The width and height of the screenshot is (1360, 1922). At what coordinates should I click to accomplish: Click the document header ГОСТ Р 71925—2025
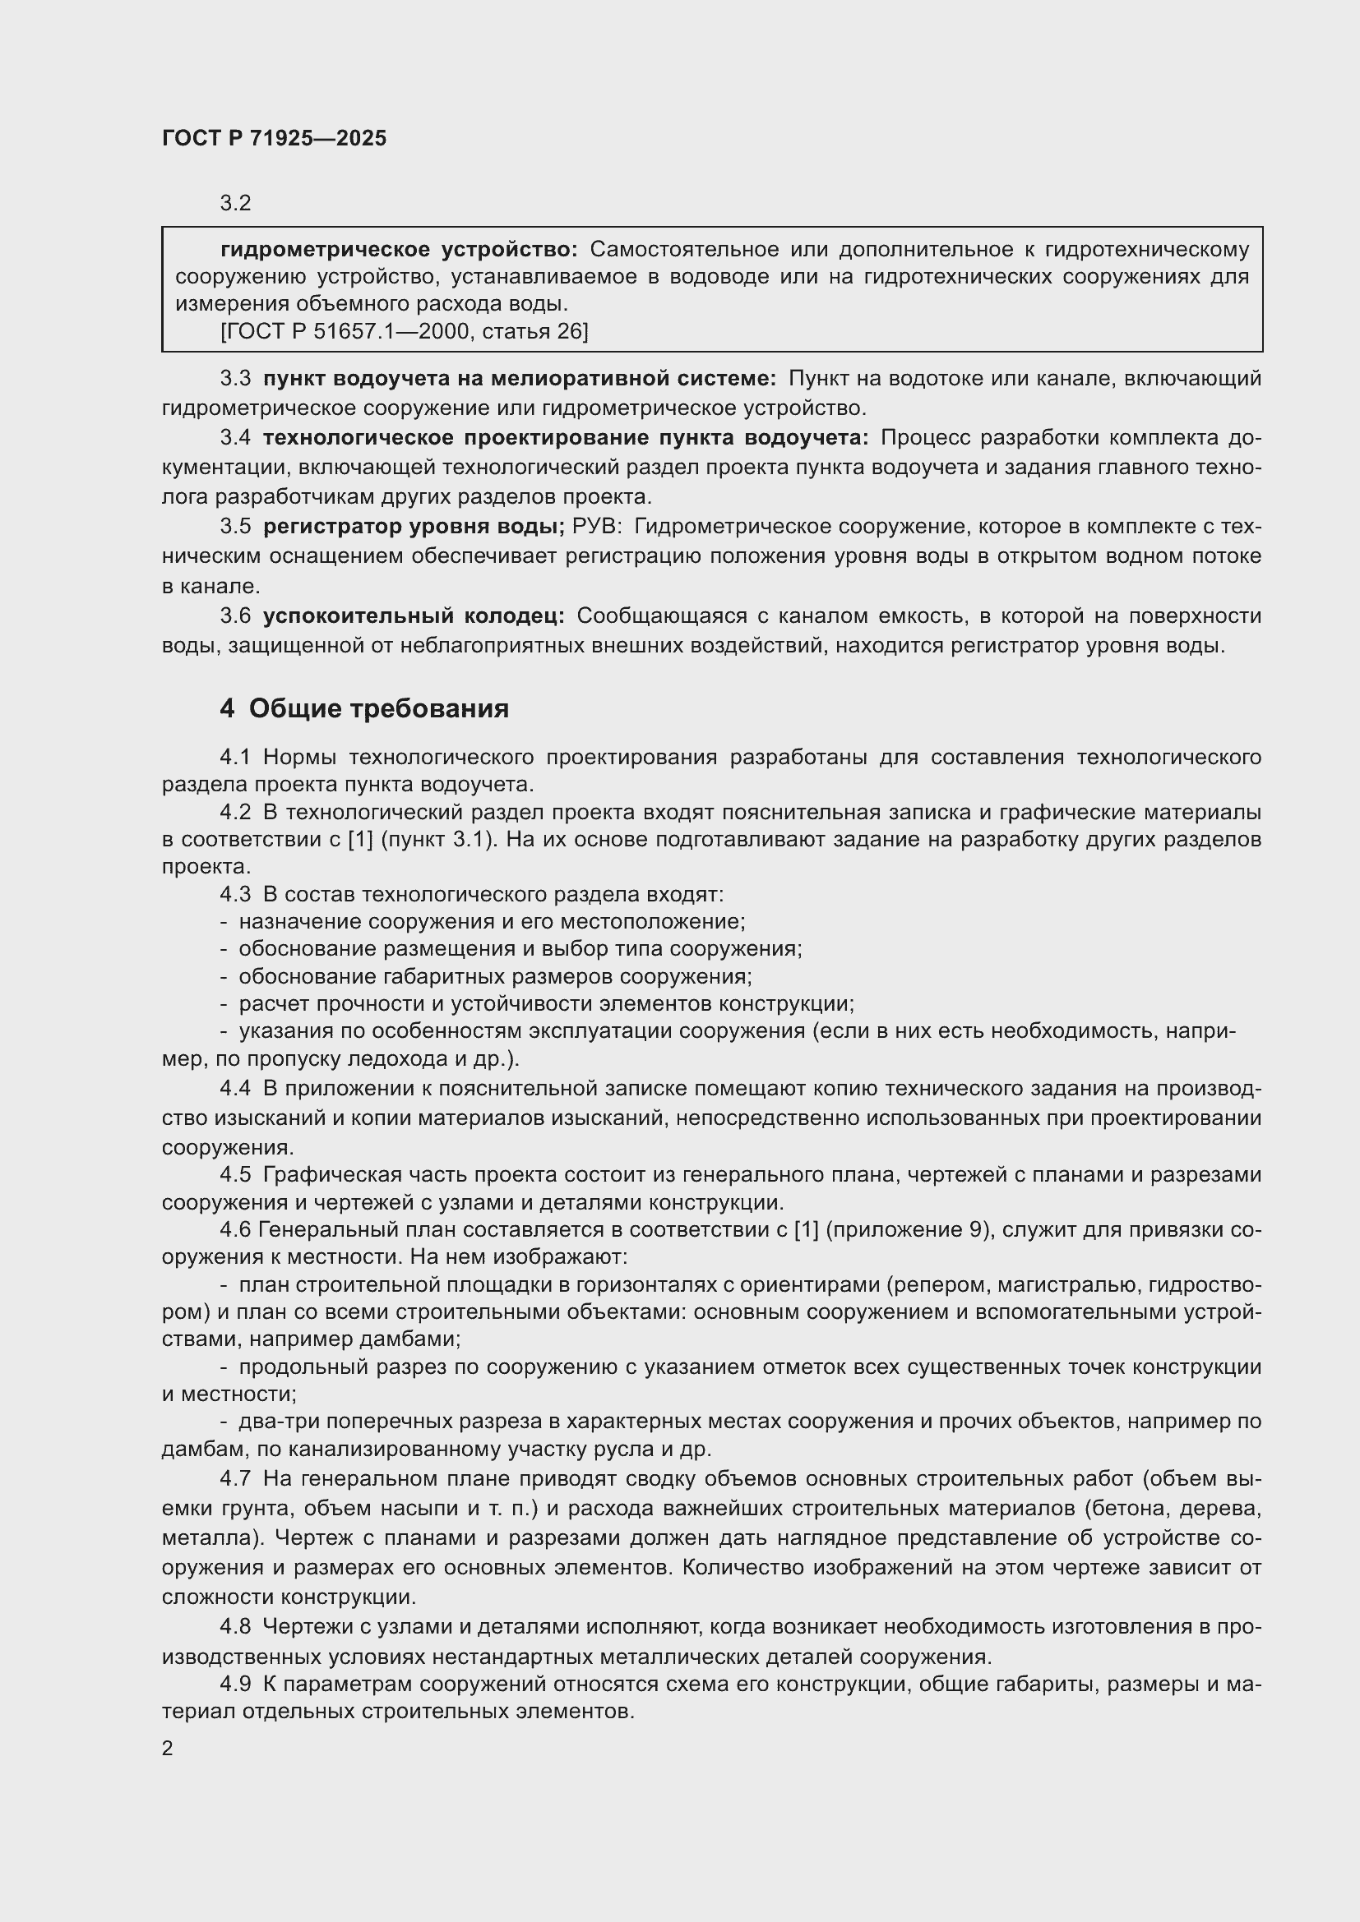[x=274, y=138]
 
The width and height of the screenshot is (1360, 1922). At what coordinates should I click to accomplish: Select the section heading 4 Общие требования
[x=364, y=709]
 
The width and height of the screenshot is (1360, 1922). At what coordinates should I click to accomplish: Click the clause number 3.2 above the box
[x=235, y=204]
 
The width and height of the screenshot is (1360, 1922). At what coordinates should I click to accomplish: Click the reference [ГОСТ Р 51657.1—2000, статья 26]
[x=405, y=332]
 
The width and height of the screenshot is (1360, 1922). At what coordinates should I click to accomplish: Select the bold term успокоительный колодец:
[x=414, y=616]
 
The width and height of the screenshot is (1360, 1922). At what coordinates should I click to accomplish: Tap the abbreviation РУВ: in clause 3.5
[x=597, y=527]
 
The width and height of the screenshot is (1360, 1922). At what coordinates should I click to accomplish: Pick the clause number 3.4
[x=235, y=438]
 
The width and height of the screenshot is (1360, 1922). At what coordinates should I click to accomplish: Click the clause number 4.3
[x=235, y=895]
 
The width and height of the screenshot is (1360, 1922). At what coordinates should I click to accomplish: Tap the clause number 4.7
[x=235, y=1479]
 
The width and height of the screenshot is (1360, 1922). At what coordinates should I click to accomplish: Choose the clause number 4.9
[x=235, y=1685]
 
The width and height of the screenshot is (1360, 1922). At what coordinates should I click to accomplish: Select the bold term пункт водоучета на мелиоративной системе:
[x=520, y=379]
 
